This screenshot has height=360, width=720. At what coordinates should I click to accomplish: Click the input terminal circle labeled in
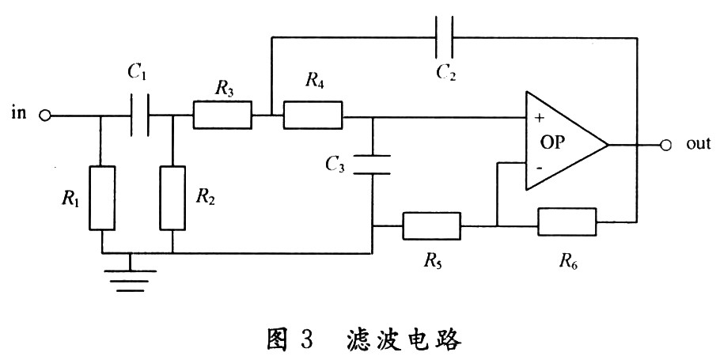45,116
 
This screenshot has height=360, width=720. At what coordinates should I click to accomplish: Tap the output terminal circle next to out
665,145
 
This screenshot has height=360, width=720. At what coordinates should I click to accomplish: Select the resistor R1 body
103,198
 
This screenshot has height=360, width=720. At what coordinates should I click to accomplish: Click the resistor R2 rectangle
172,198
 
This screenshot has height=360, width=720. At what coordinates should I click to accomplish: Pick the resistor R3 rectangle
222,116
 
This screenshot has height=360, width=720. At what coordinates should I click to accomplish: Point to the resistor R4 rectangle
313,116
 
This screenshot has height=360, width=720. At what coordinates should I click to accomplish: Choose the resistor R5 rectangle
431,225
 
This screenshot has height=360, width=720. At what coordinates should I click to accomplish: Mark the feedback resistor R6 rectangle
567,222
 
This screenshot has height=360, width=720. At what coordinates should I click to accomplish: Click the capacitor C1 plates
139,116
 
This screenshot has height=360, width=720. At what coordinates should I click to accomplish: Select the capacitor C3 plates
372,165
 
